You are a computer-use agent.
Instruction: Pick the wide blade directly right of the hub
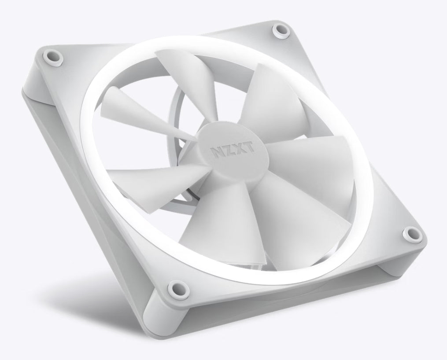[308, 158]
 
